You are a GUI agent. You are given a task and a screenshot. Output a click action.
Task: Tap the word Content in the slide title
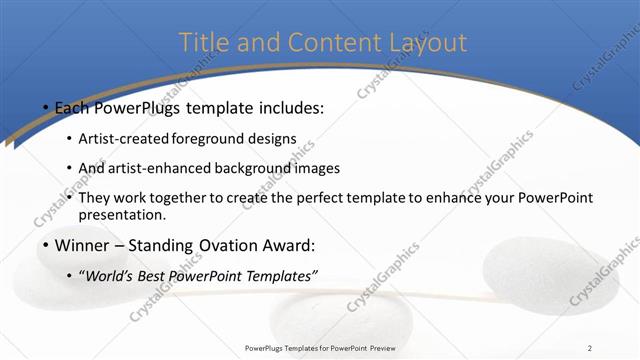pyautogui.click(x=331, y=43)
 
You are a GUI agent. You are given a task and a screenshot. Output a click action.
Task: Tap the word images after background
pyautogui.click(x=317, y=168)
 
